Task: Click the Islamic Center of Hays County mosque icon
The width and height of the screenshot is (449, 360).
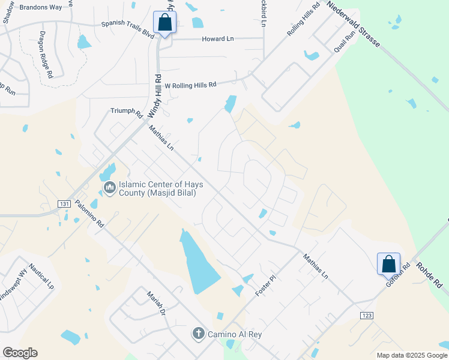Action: (109, 188)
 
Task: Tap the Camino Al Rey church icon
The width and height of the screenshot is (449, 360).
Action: (199, 333)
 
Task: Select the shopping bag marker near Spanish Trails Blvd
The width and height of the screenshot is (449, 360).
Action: (164, 23)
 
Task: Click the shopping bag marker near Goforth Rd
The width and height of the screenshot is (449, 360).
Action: (388, 263)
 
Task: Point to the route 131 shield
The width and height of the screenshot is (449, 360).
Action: (64, 204)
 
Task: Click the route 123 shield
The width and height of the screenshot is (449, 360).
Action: (367, 315)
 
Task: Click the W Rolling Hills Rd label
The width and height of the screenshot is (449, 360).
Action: (190, 86)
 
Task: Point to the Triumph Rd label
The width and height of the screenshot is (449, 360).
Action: (126, 112)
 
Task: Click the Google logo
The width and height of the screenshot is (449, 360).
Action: (19, 353)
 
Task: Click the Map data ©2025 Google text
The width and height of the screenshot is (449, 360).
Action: (411, 355)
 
